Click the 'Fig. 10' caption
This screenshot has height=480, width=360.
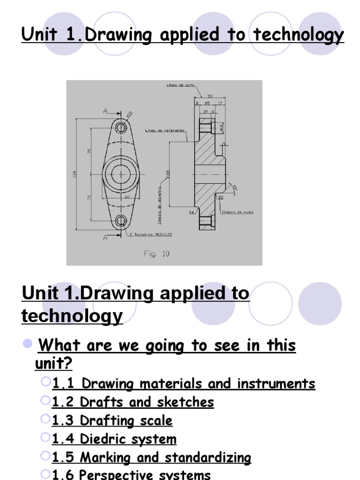tap(157, 254)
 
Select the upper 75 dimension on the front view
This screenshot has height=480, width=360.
tap(89, 151)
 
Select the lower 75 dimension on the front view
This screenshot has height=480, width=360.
tap(89, 197)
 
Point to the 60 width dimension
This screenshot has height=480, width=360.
tap(127, 197)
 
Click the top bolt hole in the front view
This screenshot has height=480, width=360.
tap(121, 127)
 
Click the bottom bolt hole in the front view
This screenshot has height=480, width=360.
tap(121, 220)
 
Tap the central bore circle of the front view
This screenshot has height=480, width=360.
tap(121, 174)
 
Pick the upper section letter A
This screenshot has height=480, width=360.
tap(105, 112)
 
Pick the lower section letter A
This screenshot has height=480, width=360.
tap(105, 238)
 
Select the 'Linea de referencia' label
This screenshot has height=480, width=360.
tap(165, 131)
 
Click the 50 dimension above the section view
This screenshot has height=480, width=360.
tap(210, 96)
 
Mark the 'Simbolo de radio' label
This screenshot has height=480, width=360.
tap(241, 212)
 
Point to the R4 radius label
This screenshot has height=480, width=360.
tap(191, 212)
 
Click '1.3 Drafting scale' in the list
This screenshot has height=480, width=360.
tap(112, 420)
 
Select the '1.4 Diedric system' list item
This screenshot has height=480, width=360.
tap(114, 439)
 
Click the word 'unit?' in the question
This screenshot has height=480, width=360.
tap(54, 363)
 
